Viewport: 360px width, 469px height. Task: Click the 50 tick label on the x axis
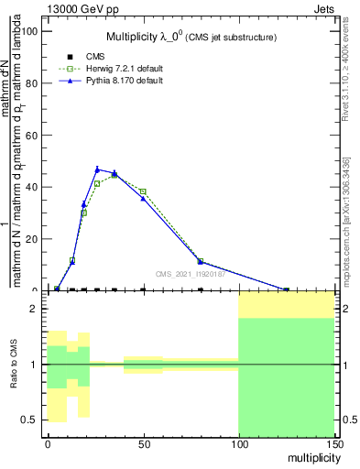coord(143,444)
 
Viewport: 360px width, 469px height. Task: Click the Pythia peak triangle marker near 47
coord(97,169)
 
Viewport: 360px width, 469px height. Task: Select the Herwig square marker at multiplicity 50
coord(143,191)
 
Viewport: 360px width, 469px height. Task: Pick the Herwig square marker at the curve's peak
coord(115,175)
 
